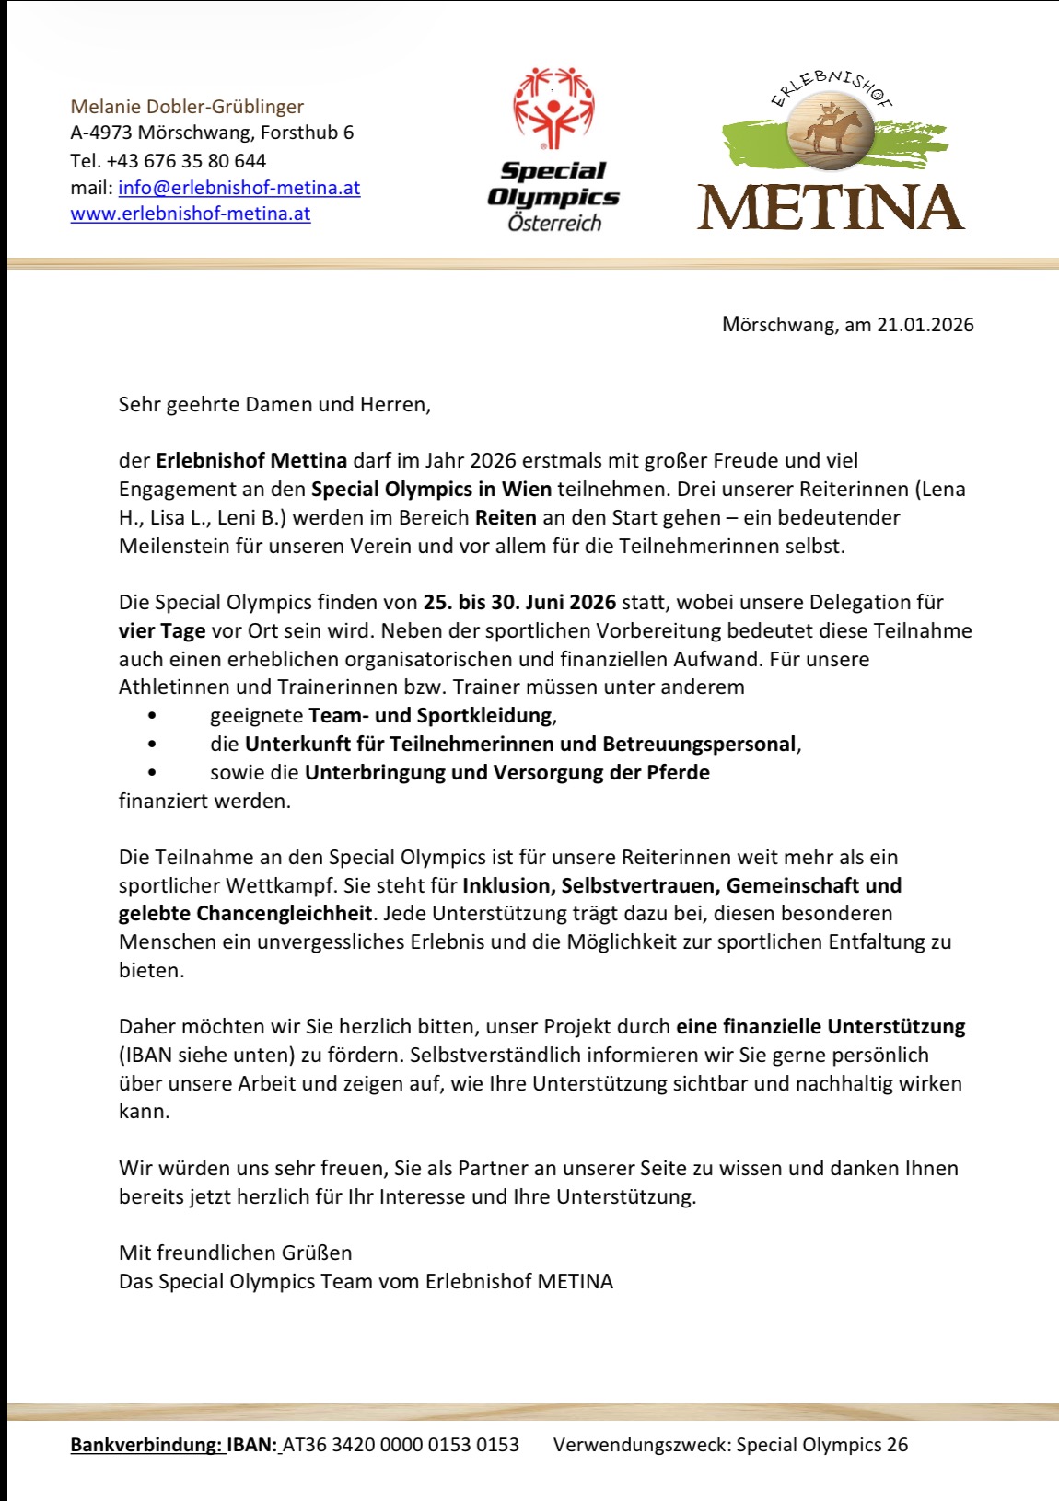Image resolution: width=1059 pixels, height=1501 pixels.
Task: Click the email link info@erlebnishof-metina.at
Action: [x=239, y=188]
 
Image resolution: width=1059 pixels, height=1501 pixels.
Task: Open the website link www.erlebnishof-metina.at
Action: [x=191, y=214]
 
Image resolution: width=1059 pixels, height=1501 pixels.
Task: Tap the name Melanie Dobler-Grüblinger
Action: [x=187, y=107]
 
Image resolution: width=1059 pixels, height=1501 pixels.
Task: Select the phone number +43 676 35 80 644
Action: [x=186, y=160]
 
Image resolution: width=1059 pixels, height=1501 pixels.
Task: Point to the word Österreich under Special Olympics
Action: [x=554, y=223]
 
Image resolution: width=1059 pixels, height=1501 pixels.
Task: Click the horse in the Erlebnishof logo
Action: [x=832, y=130]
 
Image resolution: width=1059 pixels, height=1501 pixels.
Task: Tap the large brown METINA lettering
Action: [x=831, y=208]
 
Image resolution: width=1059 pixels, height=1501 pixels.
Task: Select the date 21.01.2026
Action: [x=925, y=324]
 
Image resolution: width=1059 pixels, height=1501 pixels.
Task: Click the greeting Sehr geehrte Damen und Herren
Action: [x=274, y=404]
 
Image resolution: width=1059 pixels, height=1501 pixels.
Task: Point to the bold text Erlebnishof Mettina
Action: [x=251, y=460]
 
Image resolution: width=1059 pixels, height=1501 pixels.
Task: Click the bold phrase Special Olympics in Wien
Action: [x=431, y=489]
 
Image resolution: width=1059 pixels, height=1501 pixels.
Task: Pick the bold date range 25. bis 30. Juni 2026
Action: [x=519, y=602]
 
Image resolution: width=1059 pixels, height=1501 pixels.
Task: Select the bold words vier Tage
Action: [x=162, y=630]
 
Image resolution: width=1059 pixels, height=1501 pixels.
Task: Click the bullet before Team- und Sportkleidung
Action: [x=152, y=715]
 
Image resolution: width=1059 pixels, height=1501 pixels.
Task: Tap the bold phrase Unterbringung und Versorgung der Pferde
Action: [x=506, y=772]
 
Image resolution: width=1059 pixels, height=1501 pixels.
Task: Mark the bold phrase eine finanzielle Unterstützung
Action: [x=820, y=1026]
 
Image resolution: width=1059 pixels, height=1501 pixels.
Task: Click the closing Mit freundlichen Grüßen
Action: [x=235, y=1253]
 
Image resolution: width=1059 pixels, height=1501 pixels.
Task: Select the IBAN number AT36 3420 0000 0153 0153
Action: [x=401, y=1445]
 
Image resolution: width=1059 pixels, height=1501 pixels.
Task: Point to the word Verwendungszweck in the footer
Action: [x=641, y=1445]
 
